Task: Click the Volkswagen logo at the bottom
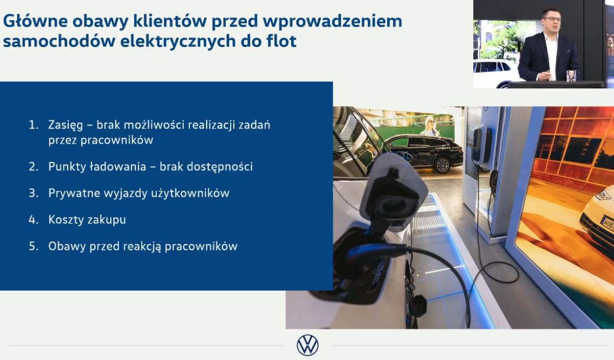(308, 345)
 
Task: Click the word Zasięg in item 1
(66, 125)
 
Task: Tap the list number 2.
(34, 166)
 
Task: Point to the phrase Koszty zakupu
(87, 220)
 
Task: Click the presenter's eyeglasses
(552, 19)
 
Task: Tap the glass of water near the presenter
(571, 76)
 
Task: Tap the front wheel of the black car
(443, 165)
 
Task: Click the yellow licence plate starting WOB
(607, 224)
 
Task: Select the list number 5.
(34, 246)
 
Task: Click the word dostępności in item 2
(220, 167)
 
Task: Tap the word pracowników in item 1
(101, 140)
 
